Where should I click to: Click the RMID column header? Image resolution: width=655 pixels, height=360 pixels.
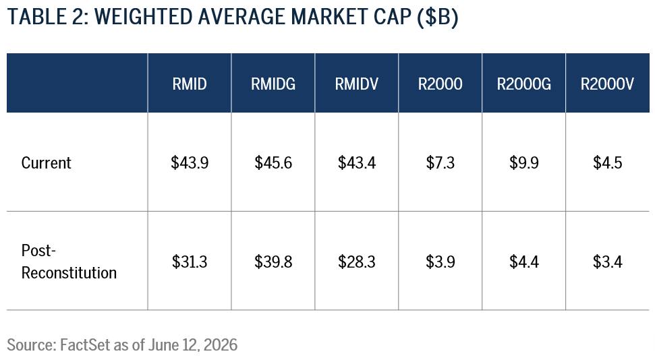(x=190, y=84)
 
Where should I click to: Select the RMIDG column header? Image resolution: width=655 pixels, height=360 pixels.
(x=273, y=84)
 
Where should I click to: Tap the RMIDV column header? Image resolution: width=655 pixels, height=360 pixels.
(x=357, y=84)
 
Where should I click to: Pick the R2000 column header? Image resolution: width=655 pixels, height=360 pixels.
(x=440, y=84)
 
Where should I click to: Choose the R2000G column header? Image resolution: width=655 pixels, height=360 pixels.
(x=524, y=84)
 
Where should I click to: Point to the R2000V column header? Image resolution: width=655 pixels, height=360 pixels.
(x=607, y=84)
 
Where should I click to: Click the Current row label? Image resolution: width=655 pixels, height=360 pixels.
(x=47, y=162)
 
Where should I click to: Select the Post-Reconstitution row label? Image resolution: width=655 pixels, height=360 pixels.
(x=69, y=262)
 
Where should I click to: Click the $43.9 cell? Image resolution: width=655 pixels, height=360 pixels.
(x=190, y=162)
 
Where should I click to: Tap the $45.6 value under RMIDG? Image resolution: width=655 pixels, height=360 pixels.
(x=273, y=162)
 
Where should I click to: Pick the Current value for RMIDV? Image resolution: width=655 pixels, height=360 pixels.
(x=357, y=162)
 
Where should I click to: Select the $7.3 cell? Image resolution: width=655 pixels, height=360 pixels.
(x=440, y=162)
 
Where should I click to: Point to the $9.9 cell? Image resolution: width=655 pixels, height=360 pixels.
(x=524, y=162)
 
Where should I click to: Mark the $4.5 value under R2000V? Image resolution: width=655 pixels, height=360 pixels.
(x=607, y=162)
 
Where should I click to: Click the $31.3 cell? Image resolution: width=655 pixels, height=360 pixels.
(x=190, y=262)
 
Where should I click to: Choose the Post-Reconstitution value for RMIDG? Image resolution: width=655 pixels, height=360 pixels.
(x=273, y=262)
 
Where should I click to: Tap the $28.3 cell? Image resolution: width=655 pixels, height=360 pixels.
(x=357, y=262)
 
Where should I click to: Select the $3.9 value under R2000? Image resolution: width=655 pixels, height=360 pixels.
(x=440, y=262)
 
